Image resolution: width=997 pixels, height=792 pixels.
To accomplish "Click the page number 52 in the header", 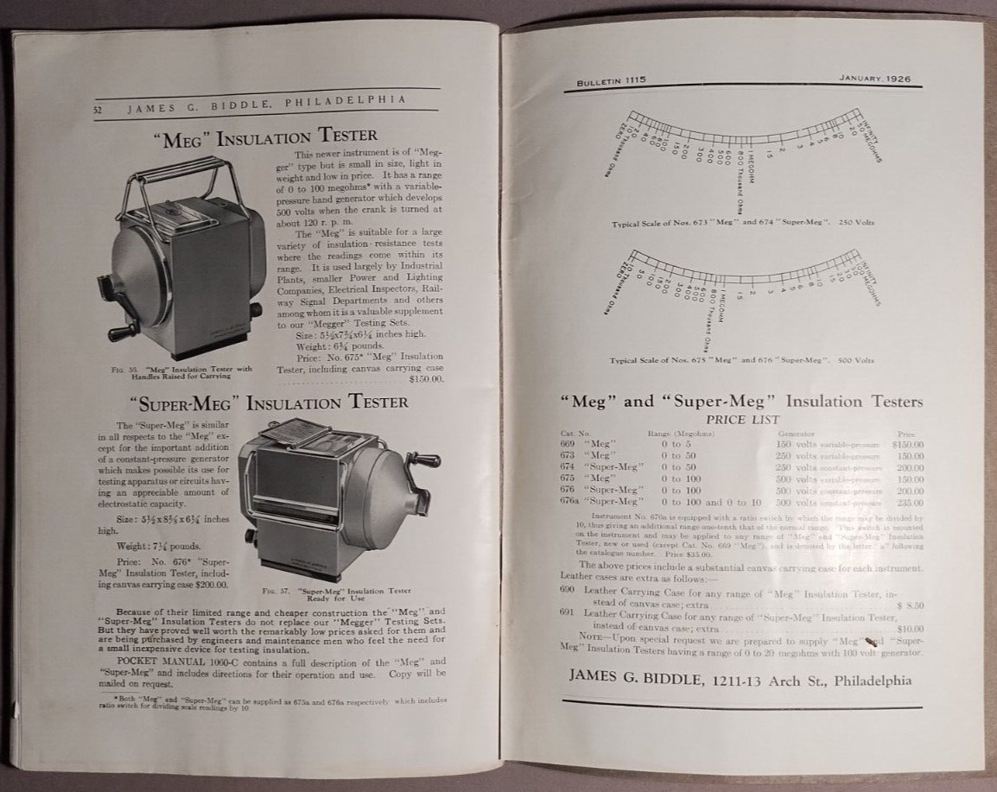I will point(99,110).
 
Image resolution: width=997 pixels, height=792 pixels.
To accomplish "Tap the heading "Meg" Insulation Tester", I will point(265,136).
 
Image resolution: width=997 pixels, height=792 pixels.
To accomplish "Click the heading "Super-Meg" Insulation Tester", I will point(268,402).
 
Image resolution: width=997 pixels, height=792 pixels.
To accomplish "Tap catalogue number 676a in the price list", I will point(570,502).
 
